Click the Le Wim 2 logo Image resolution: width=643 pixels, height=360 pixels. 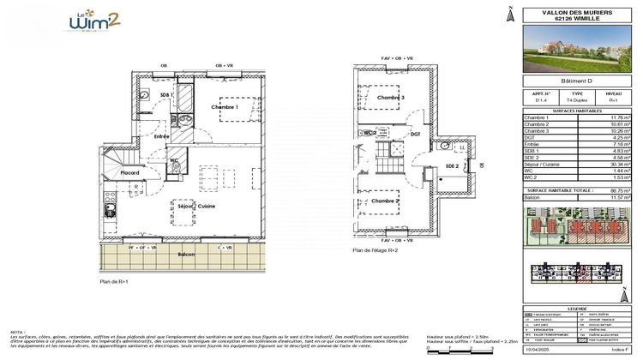click(98, 23)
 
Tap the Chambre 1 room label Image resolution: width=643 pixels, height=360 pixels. click(225, 107)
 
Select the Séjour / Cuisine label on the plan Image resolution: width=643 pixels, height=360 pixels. click(195, 207)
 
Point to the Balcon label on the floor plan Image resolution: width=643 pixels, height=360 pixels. click(187, 255)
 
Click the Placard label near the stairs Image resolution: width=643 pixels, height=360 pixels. click(130, 172)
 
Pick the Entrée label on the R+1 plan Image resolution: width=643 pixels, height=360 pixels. click(162, 136)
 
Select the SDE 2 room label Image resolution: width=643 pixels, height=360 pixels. click(451, 166)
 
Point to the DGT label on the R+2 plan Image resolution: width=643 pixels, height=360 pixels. click(415, 134)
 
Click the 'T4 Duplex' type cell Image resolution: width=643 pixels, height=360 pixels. click(578, 100)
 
